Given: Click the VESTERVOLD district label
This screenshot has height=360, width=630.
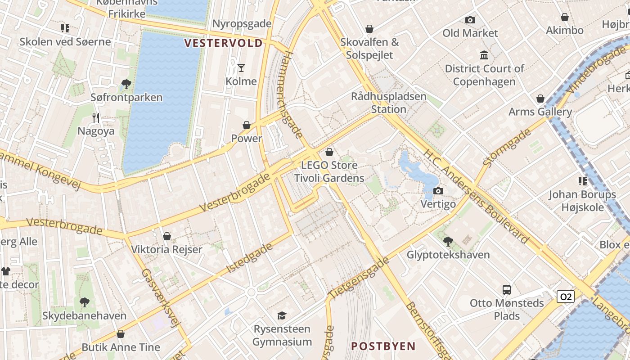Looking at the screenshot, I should [224, 43].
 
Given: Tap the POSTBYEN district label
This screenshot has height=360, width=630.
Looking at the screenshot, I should [383, 346].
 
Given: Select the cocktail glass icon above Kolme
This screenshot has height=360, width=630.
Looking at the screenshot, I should [241, 68].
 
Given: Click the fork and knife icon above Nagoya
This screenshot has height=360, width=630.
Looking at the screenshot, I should [96, 118].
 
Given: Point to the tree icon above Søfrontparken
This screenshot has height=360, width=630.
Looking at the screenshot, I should [126, 84].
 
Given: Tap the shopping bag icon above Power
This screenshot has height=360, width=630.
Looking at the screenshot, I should [247, 125].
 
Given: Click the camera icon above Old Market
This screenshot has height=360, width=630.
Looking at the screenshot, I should [470, 20].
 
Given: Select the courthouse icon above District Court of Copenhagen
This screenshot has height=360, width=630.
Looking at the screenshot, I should [484, 55].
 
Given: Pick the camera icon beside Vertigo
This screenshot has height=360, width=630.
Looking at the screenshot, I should [438, 191].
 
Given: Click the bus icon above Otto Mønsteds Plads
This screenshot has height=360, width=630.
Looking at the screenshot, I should [507, 290].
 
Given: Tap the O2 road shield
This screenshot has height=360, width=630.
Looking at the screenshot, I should [565, 297].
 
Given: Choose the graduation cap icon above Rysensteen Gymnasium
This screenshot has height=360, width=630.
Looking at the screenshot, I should [282, 315].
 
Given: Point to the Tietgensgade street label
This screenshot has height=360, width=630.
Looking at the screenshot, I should [359, 278].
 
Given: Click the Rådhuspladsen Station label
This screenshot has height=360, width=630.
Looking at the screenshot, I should [388, 103].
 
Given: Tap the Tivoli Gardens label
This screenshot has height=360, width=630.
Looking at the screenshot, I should [329, 178].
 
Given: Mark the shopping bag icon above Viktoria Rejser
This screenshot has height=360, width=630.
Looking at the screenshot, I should [167, 236].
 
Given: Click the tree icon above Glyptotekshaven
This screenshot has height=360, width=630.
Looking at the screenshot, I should [448, 242].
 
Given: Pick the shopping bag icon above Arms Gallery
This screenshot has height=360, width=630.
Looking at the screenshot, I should [540, 99].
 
